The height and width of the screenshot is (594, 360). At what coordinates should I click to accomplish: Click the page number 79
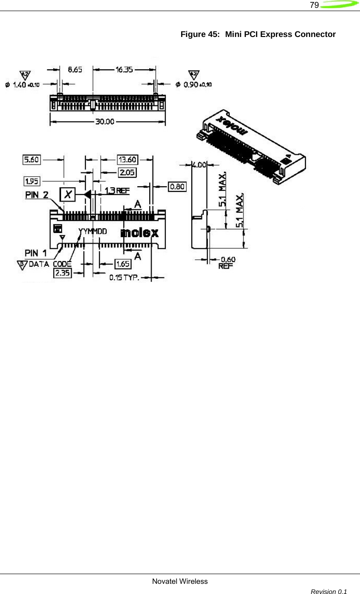[314, 6]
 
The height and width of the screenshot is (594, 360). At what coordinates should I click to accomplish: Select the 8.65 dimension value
[75, 69]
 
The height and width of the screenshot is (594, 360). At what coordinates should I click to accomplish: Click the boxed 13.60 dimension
[128, 159]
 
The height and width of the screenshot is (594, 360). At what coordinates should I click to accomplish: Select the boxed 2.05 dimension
[128, 172]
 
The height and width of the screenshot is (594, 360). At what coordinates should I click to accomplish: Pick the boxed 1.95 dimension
[31, 180]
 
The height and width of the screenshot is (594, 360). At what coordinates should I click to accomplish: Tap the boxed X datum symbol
[68, 195]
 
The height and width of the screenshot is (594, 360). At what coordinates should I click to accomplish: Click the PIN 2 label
[37, 195]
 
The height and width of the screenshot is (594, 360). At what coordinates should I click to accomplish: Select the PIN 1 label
[36, 253]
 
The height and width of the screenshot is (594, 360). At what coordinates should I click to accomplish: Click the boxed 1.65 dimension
[123, 263]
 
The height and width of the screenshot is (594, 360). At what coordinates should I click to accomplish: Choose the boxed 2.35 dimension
[62, 273]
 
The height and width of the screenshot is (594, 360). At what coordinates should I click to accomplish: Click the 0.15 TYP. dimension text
[124, 278]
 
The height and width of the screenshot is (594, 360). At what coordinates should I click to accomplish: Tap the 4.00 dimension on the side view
[199, 164]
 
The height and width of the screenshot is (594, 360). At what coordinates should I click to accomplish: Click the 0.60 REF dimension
[226, 263]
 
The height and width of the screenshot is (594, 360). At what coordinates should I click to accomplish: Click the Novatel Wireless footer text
[180, 581]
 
